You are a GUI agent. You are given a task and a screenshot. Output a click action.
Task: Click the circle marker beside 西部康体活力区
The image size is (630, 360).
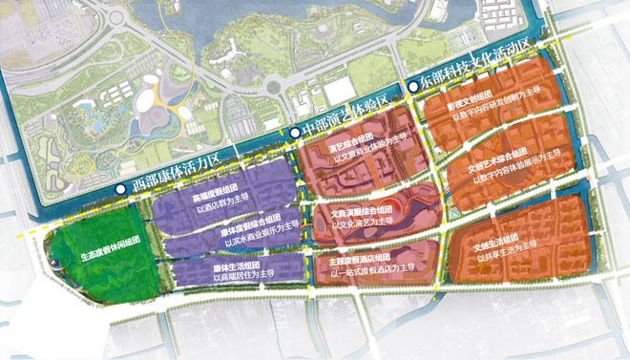click(119, 191)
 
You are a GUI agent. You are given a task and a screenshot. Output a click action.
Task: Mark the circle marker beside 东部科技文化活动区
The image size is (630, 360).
click(411, 85)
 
